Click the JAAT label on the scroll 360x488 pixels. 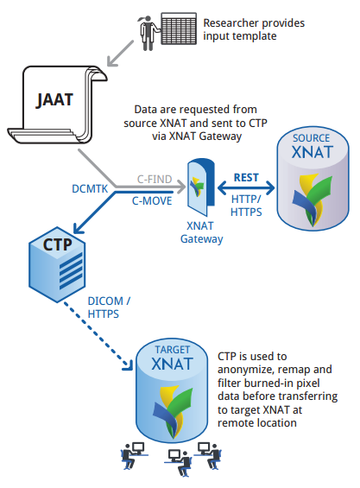click(54, 100)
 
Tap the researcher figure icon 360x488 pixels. click(148, 33)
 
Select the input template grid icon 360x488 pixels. click(179, 29)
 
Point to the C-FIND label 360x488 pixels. click(155, 180)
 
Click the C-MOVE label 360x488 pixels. click(152, 201)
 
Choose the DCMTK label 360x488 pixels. click(90, 188)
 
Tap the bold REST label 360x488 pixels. click(246, 177)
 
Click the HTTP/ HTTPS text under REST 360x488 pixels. click(246, 206)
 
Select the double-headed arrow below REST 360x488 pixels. click(246, 187)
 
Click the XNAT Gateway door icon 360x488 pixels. click(200, 187)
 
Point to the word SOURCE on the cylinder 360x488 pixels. click(311, 138)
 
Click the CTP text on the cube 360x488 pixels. click(57, 244)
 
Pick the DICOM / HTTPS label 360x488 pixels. click(109, 307)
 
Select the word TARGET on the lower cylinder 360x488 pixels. click(172, 350)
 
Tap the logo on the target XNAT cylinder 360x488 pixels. click(173, 411)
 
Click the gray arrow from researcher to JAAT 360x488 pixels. click(121, 53)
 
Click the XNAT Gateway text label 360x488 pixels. click(202, 232)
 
